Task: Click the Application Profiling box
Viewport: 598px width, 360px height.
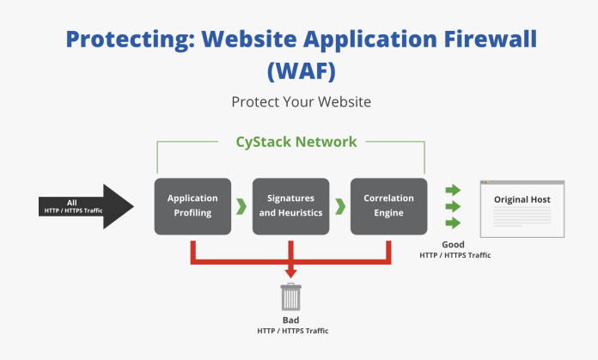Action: tap(192, 206)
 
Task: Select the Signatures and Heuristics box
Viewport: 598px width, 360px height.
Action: tap(290, 206)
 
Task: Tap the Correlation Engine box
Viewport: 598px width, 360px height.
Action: tap(388, 206)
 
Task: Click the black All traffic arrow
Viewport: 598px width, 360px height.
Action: tap(86, 206)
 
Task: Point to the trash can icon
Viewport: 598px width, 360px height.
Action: tap(290, 297)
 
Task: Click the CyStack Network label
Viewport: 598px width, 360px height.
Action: tap(296, 141)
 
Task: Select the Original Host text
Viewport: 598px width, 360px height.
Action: tap(522, 199)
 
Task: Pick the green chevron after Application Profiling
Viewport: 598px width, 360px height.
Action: tap(241, 206)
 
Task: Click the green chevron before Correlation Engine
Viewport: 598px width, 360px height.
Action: tap(339, 206)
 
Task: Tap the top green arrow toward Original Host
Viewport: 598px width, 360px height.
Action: tap(453, 190)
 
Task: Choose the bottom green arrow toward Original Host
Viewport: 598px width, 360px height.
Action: tap(453, 225)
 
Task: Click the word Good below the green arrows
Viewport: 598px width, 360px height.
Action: tap(453, 245)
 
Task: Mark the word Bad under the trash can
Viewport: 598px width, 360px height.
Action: tap(291, 320)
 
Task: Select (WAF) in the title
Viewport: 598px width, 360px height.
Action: tap(300, 71)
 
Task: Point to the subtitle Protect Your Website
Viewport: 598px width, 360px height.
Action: tap(300, 101)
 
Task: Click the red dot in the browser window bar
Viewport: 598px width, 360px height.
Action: tap(482, 182)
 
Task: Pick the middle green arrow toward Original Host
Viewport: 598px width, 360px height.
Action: tap(453, 207)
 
